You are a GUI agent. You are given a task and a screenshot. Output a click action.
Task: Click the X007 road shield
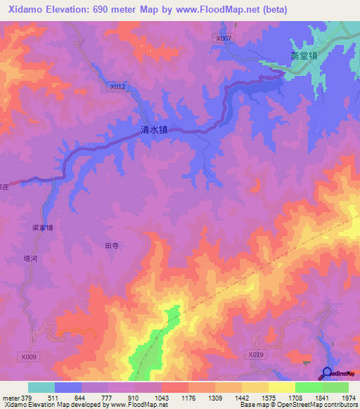pos(224,38)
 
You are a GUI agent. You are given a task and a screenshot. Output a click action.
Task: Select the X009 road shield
pos(29,357)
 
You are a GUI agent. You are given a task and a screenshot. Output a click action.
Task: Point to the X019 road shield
pos(256,356)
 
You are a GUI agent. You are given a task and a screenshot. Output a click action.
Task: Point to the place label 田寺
pos(112,246)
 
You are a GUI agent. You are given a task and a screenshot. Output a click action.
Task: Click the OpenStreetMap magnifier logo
pos(327,373)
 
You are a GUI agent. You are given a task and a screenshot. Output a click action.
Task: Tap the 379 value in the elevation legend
pos(27,398)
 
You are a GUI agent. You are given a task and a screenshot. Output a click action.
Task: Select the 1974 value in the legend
pos(349,398)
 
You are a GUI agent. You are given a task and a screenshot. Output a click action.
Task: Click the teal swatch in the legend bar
pos(41,388)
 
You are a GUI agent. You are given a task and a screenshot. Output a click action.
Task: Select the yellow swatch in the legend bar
pos(282,388)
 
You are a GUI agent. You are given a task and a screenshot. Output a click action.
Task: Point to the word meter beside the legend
pos(10,398)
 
